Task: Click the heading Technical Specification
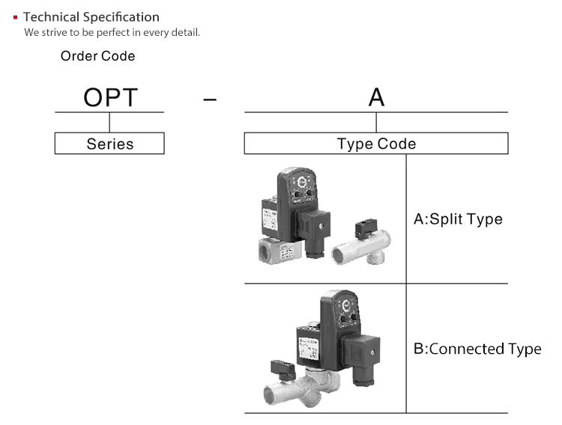point(91,16)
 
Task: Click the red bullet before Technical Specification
point(16,16)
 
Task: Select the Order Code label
point(97,56)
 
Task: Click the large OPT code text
point(109,97)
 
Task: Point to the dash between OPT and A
point(210,99)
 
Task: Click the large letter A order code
point(376,97)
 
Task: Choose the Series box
point(109,144)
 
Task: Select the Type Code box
point(376,144)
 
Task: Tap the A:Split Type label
point(458,219)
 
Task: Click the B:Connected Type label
point(477,349)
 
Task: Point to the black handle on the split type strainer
point(368,227)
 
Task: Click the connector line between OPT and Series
point(109,122)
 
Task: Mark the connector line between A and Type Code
point(376,122)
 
